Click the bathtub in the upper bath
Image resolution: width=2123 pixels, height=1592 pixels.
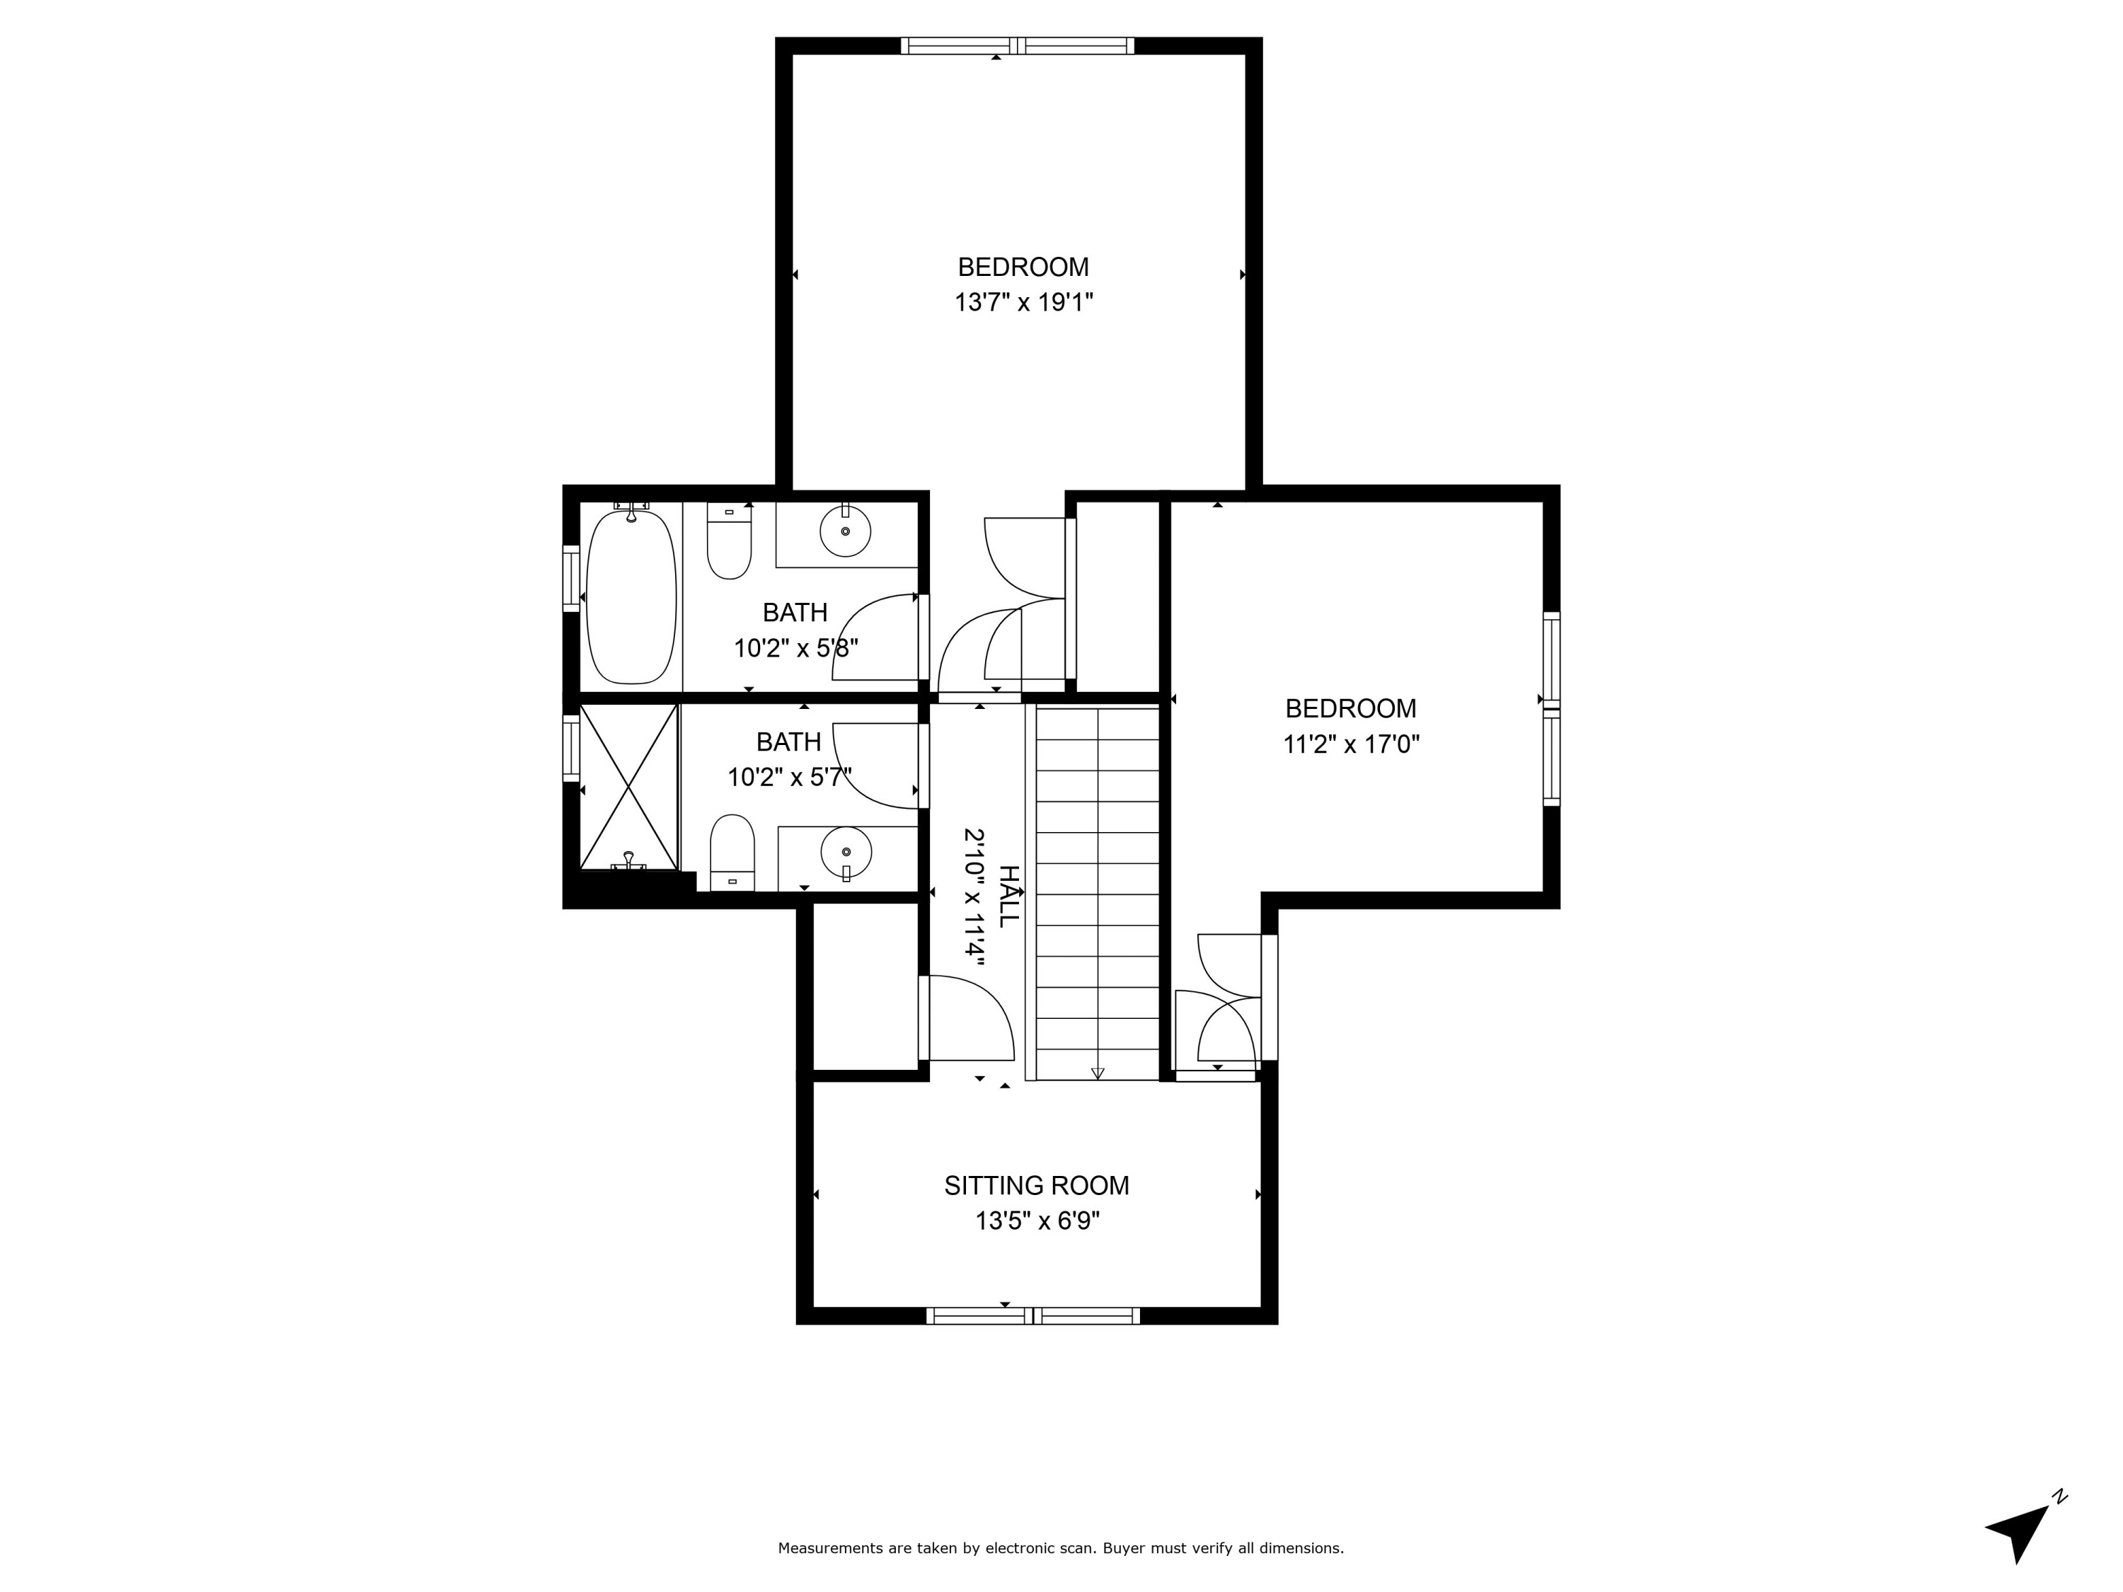tap(631, 598)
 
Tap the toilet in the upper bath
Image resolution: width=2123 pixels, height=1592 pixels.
tap(730, 547)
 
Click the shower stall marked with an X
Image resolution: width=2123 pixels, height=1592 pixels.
tap(628, 787)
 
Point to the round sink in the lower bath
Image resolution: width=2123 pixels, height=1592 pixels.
tap(846, 851)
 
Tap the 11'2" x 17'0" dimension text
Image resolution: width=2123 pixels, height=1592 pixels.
tap(1350, 744)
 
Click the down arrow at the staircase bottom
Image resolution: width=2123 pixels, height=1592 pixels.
tap(1098, 1073)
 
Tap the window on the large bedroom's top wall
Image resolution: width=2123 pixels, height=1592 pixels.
tap(1018, 45)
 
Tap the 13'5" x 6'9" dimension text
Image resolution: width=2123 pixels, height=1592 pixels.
tap(1037, 1221)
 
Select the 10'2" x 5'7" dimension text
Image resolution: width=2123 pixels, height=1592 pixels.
tap(789, 778)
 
